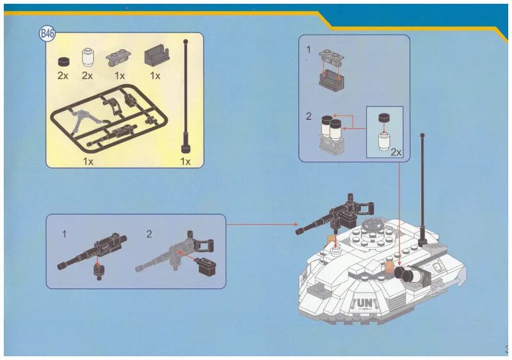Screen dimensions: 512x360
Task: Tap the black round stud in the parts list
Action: pyautogui.click(x=63, y=61)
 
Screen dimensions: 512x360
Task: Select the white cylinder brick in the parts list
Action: pyautogui.click(x=88, y=58)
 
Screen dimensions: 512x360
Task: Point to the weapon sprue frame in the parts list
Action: pyautogui.click(x=106, y=122)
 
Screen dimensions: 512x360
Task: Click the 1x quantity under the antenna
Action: pyautogui.click(x=185, y=161)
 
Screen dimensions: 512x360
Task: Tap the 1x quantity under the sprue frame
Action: pyautogui.click(x=88, y=161)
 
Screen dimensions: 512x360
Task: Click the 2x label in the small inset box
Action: pyautogui.click(x=396, y=152)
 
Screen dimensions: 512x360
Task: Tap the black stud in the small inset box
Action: pyautogui.click(x=384, y=118)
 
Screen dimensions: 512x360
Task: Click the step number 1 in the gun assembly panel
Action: pyautogui.click(x=64, y=234)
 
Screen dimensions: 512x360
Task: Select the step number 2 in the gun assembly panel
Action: pyautogui.click(x=148, y=234)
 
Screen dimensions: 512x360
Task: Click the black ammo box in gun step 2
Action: pyautogui.click(x=205, y=265)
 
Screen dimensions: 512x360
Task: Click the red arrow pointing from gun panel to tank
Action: pyautogui.click(x=262, y=225)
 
